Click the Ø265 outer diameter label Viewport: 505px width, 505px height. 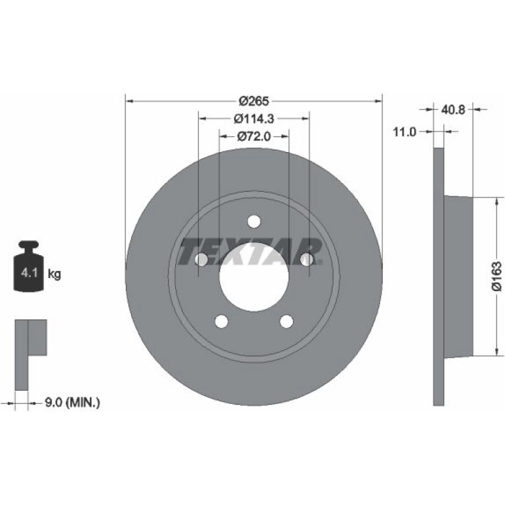pos(253,101)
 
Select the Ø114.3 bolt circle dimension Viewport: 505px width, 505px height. pos(254,119)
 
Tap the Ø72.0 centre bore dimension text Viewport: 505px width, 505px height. pos(254,136)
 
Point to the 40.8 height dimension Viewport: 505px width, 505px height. pos(453,110)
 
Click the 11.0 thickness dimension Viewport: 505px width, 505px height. pos(405,132)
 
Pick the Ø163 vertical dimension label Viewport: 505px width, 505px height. pos(496,277)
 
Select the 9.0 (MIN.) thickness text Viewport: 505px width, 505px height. pos(72,402)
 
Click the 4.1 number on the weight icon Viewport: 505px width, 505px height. pos(30,273)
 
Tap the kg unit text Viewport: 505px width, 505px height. pos(54,274)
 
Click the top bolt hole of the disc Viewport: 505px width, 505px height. pos(254,221)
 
